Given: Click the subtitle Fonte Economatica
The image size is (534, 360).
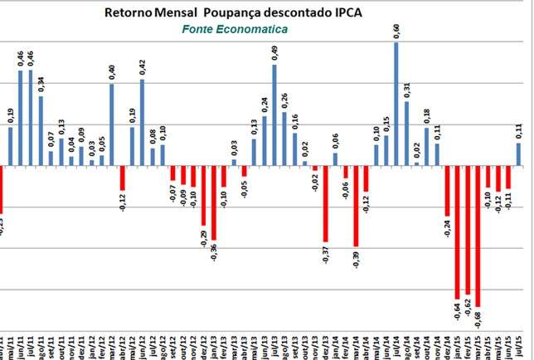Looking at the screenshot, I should click(x=235, y=30).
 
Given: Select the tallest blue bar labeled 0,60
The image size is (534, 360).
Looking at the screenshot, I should click(x=396, y=104).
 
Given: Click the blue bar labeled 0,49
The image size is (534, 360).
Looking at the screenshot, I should click(x=274, y=114).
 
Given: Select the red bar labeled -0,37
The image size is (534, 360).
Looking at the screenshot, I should click(x=326, y=204).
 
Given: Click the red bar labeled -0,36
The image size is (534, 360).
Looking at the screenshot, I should click(x=214, y=203).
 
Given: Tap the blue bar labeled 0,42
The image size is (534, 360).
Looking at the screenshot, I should click(x=143, y=122).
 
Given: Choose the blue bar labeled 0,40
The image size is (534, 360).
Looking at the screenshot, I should click(x=112, y=124).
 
